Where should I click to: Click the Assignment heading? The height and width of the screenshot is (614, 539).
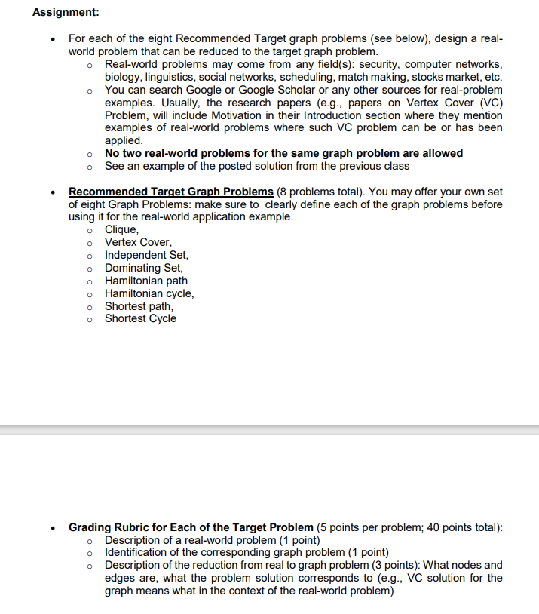click(66, 13)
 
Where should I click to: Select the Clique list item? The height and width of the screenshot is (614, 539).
click(121, 230)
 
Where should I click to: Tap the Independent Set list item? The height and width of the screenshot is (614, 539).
click(146, 255)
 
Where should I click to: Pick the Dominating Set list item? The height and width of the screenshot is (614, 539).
click(143, 268)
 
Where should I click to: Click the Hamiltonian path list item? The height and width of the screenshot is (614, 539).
click(146, 281)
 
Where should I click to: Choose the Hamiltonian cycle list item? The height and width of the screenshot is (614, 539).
click(149, 293)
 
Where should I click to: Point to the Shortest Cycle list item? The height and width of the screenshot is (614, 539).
click(140, 318)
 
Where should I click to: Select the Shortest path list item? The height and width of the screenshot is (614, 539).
click(139, 306)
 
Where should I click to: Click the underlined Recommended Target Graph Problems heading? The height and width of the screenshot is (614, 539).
click(171, 192)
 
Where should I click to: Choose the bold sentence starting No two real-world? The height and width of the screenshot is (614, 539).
click(283, 153)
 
